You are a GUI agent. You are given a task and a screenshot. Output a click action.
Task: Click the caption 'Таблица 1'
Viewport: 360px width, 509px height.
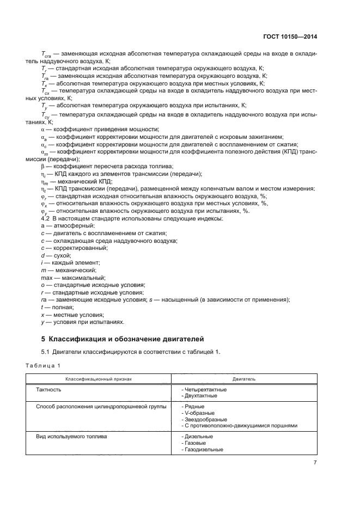click(44, 365)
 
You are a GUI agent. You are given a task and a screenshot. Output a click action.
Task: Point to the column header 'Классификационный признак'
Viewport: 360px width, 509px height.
click(99, 378)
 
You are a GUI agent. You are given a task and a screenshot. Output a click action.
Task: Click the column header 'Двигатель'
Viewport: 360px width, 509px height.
click(244, 378)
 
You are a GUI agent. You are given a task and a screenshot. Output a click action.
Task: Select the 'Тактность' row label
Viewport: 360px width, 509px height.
click(48, 390)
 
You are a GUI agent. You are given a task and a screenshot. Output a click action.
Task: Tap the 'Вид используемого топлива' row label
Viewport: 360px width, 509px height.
click(71, 437)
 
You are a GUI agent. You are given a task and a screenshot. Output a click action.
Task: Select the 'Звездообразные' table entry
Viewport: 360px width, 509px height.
click(205, 419)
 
